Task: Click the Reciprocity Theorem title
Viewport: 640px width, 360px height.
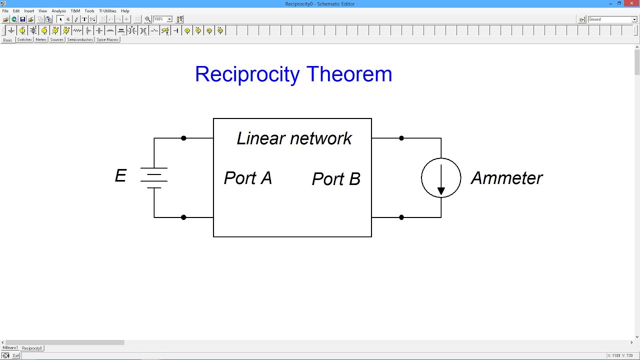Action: click(x=293, y=74)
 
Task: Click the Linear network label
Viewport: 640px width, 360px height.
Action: click(x=294, y=138)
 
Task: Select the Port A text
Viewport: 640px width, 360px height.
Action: click(x=247, y=178)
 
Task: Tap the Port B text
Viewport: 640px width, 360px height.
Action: click(x=336, y=179)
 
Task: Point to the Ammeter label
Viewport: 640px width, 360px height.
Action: click(x=506, y=178)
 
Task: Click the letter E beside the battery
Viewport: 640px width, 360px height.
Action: click(x=120, y=176)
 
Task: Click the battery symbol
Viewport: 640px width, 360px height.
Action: click(x=154, y=178)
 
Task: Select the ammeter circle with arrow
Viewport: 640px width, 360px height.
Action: click(x=441, y=178)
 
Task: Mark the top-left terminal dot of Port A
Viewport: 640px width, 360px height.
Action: click(x=183, y=138)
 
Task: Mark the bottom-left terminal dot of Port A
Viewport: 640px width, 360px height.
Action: click(x=183, y=217)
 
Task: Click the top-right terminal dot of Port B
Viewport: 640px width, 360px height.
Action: click(x=401, y=138)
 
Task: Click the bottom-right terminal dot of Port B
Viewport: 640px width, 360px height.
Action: click(x=401, y=217)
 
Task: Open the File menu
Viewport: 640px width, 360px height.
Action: click(x=5, y=11)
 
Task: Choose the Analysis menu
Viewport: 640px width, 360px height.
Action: click(x=58, y=11)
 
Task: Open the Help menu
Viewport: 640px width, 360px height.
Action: click(x=125, y=11)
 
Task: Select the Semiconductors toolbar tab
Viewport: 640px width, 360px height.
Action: click(x=80, y=39)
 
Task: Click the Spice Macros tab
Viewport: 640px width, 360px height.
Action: click(x=107, y=39)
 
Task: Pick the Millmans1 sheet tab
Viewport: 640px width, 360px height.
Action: click(x=10, y=347)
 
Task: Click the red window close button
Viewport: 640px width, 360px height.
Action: click(x=632, y=3)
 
